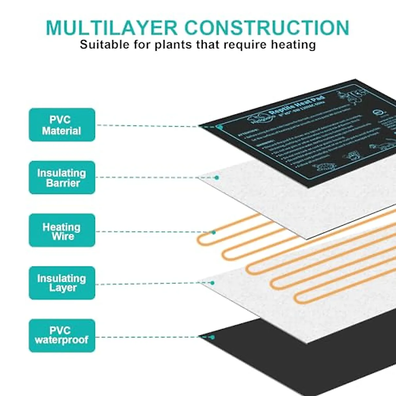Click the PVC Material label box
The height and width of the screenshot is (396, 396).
pos(62,125)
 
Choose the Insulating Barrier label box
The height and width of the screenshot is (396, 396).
pos(62,178)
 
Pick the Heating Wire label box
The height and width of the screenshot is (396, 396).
pos(62,231)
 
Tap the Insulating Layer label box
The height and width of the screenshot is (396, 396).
pos(62,283)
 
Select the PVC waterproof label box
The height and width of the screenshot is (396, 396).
pos(62,336)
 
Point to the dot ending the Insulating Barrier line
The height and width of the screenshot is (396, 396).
pos(217,178)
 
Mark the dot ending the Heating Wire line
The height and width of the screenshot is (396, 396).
pos(214,232)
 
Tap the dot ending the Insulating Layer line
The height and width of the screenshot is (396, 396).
pos(212,283)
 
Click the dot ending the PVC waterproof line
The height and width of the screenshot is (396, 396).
pos(212,337)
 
